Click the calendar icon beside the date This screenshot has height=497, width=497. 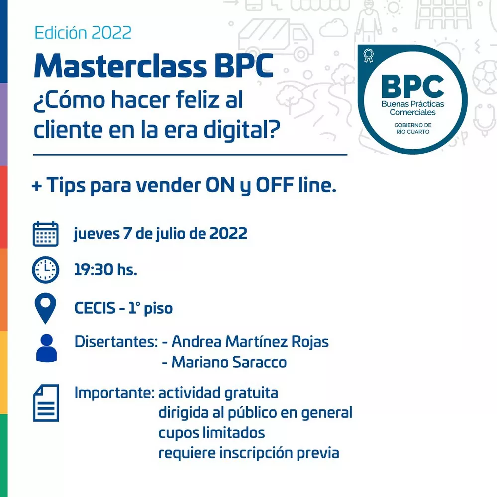46,234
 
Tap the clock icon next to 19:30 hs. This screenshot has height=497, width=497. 46,270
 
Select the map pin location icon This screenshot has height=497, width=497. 46,308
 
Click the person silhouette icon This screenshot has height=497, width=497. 47,348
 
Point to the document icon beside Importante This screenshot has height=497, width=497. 46,403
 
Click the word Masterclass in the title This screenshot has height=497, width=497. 120,66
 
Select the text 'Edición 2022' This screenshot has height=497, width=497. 83,33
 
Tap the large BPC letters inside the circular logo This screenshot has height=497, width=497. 412,86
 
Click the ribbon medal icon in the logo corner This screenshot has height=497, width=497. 368,55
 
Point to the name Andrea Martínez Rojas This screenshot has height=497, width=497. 250,342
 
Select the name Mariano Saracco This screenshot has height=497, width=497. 229,362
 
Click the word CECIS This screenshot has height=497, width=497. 95,308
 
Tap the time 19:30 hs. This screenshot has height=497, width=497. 105,270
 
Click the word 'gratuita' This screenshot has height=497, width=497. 251,393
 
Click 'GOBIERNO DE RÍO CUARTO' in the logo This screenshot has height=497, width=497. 413,128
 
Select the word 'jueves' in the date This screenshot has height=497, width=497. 97,234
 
